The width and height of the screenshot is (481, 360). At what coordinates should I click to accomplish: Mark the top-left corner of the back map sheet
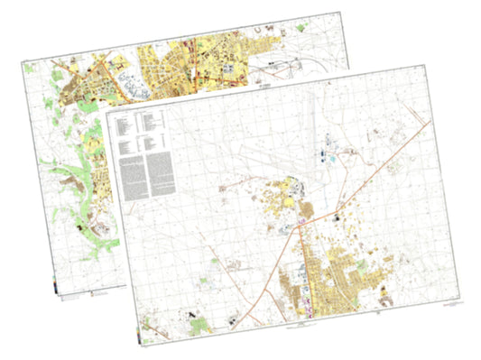[x=20, y=60]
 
